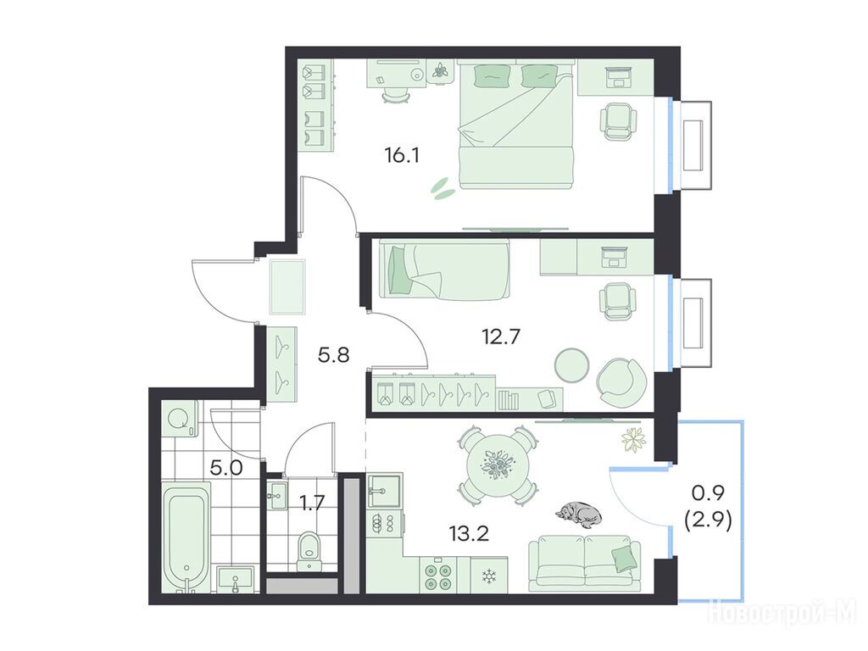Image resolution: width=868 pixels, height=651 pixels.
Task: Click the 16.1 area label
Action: pos(403,156)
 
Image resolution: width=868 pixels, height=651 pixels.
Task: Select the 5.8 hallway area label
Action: pos(333,354)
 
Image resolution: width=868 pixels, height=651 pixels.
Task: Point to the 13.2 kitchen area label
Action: pos(469,534)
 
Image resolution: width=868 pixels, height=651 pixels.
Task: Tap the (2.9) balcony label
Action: pos(709,521)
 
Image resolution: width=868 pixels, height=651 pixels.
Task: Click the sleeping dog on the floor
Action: pos(579,512)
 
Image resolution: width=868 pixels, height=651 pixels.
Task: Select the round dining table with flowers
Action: pos(497,465)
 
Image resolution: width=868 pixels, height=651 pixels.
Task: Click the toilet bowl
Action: pos(309,550)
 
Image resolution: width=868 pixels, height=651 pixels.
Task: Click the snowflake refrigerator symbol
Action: pos(489,576)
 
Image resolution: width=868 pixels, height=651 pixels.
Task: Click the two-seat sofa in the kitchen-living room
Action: pos(585,563)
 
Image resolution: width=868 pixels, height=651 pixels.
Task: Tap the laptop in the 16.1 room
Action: pos(617,77)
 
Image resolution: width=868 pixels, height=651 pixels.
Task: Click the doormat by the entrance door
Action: pos(287,287)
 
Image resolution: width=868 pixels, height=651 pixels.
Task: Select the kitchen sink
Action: pos(385,490)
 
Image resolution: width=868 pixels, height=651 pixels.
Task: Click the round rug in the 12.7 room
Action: pos(572,364)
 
